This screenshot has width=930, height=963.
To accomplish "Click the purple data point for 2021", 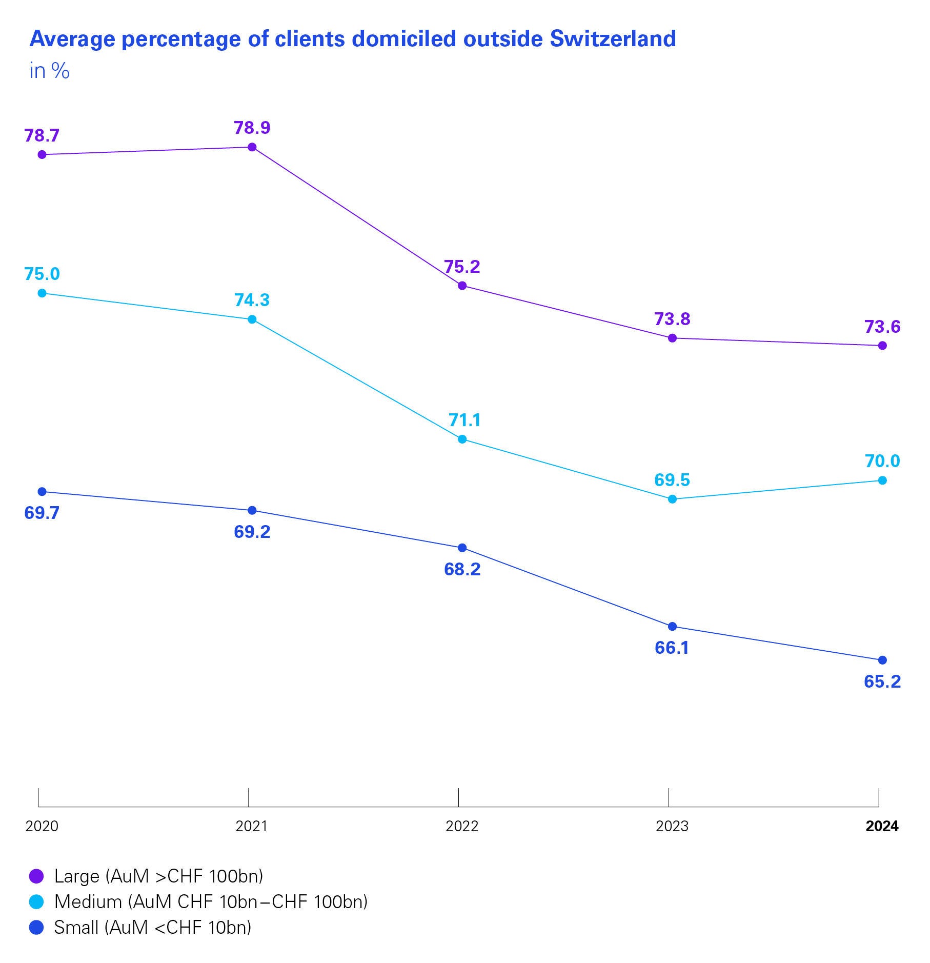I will tap(252, 147).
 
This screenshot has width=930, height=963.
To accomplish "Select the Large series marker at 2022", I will tap(462, 285).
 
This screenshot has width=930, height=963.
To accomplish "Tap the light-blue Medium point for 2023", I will tap(673, 499).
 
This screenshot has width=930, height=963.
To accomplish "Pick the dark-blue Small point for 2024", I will tap(882, 660).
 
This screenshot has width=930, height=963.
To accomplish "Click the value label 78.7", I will tap(42, 135).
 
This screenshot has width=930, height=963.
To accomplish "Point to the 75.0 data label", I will tap(42, 274).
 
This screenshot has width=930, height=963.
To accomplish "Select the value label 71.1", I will tap(464, 420).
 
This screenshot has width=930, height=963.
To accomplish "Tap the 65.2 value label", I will tap(882, 681).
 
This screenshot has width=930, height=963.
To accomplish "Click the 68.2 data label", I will tap(462, 569).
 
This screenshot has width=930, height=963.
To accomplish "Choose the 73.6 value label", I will tap(882, 327).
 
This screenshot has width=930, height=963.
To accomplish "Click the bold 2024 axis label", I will tap(882, 826).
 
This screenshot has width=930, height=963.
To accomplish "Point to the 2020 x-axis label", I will tap(42, 826).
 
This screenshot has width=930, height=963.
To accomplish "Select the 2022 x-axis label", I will tap(462, 826).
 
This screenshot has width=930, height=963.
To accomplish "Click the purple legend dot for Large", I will tap(36, 876).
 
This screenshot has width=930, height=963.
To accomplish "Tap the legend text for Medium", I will tap(211, 901).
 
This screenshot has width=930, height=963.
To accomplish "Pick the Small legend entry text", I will tap(153, 927).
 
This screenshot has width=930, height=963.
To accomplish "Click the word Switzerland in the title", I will tap(613, 39).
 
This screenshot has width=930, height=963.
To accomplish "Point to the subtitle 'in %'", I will tap(49, 71).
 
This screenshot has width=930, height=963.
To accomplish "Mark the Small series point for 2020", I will tap(42, 492).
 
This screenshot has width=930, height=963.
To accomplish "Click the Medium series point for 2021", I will tap(252, 319).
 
